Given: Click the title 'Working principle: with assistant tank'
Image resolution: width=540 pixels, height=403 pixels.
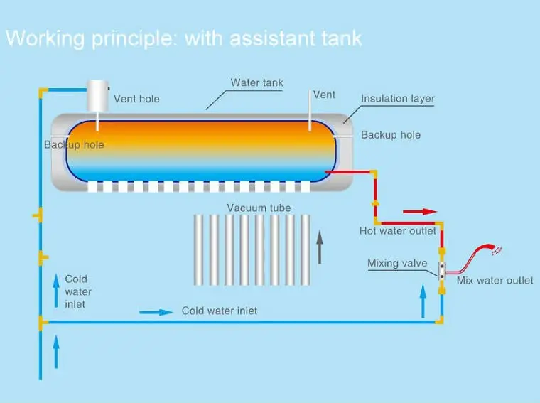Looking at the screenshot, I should click(x=183, y=38).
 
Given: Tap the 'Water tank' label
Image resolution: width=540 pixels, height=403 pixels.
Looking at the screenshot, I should click(x=256, y=82).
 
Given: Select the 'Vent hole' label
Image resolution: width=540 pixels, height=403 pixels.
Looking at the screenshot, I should click(x=136, y=99).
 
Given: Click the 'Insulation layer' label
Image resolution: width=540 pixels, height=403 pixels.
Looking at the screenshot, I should click(x=397, y=99).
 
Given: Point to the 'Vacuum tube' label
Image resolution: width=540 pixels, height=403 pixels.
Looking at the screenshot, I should click(x=259, y=208).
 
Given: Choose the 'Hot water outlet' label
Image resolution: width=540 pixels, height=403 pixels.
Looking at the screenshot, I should click(x=397, y=230).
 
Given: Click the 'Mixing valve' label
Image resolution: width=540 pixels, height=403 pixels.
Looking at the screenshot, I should click(x=397, y=264).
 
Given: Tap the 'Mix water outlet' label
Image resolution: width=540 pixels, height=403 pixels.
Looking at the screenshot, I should click(x=495, y=280).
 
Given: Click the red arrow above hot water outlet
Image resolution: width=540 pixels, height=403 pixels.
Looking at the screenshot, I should click(x=420, y=211).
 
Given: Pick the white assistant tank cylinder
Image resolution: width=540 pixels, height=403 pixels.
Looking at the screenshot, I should click(x=97, y=95).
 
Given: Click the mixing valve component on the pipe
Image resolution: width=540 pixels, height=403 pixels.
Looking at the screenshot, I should click(x=441, y=269).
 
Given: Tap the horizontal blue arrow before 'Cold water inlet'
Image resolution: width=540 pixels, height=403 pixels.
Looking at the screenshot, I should click(x=156, y=311).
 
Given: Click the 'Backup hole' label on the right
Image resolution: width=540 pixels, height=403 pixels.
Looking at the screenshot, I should click(x=391, y=135).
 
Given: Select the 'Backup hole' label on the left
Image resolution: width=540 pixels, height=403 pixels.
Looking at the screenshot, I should click(x=74, y=145).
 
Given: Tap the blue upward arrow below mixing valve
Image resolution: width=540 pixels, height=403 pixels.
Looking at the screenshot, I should click(x=423, y=302).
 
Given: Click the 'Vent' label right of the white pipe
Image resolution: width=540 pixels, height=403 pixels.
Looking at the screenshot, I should click(x=324, y=95).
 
